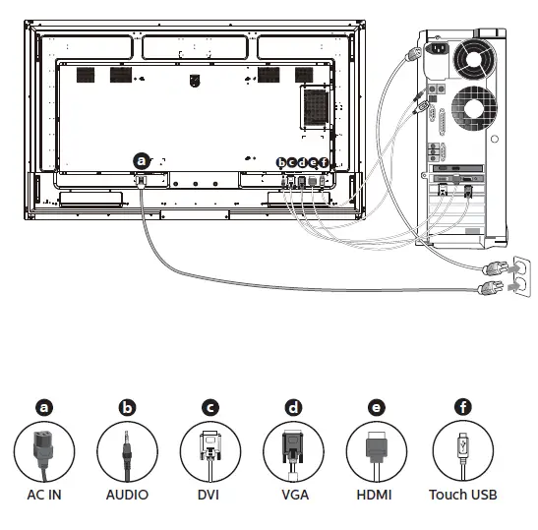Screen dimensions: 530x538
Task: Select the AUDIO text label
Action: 127,495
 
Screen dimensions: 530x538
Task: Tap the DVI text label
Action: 209,495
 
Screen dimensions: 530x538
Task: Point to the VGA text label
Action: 293,495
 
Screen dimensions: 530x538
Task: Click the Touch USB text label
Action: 462,495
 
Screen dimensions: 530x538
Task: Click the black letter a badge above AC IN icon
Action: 43,406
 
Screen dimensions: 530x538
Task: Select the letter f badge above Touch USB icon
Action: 461,406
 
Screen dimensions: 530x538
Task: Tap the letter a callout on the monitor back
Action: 142,158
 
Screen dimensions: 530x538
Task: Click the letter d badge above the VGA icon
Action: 293,406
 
